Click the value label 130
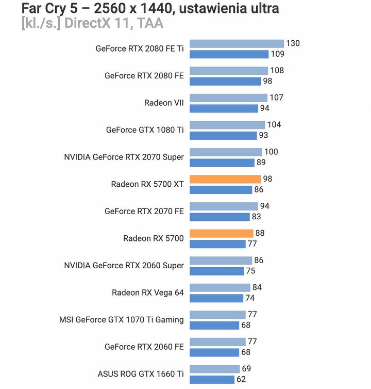pyautogui.click(x=293, y=43)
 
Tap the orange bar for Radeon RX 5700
pyautogui.click(x=222, y=233)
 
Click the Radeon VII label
pyautogui.click(x=164, y=103)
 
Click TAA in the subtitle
pyautogui.click(x=148, y=24)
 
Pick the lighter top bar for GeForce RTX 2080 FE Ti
pyautogui.click(x=237, y=43)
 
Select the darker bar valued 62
pyautogui.click(x=212, y=379)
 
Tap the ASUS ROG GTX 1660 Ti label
pyautogui.click(x=141, y=374)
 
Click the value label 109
pyautogui.click(x=278, y=54)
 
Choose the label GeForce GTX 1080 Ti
pyautogui.click(x=145, y=130)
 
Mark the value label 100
pyautogui.click(x=271, y=152)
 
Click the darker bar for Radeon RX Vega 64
pyautogui.click(x=216, y=298)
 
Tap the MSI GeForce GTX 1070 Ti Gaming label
pyautogui.click(x=122, y=319)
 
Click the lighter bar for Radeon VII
pyautogui.click(x=228, y=98)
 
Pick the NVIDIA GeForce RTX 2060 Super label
pyautogui.click(x=124, y=265)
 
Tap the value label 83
pyautogui.click(x=256, y=217)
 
